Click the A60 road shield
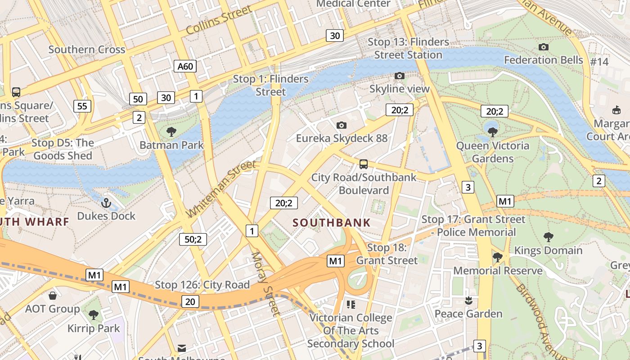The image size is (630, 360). [x=185, y=67]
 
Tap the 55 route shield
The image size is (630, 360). [x=82, y=106]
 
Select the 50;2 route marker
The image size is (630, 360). [x=193, y=239]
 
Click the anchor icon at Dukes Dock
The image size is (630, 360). [x=106, y=203]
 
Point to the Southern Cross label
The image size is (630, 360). [x=86, y=49]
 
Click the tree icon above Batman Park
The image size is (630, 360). [x=171, y=132]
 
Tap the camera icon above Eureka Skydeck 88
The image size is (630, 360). [x=342, y=125]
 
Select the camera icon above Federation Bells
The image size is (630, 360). [x=543, y=47]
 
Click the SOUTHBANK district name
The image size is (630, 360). [x=332, y=222]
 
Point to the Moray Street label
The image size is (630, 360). [x=265, y=283]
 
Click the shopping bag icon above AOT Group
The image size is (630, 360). [x=53, y=296]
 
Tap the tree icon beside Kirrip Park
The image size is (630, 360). [x=94, y=315]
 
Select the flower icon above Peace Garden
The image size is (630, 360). [x=468, y=300]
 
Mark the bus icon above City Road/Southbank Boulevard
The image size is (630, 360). [x=364, y=164]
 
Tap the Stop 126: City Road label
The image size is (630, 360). [x=202, y=285]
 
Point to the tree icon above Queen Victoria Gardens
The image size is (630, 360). [x=493, y=132]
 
